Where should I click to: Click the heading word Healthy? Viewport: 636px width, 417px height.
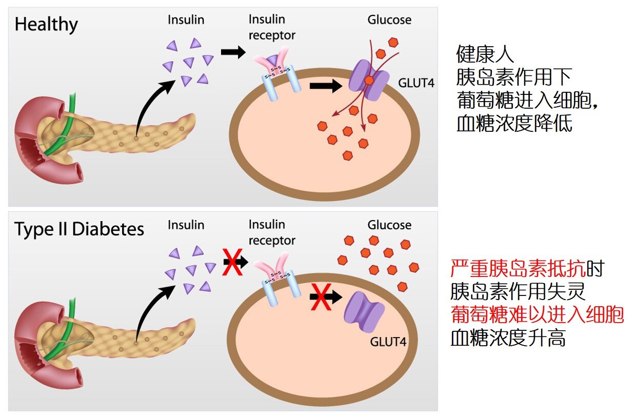pos(46,25)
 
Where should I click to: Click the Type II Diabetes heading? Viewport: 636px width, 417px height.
pos(79,229)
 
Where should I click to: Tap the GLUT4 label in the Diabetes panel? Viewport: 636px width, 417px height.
pos(389,341)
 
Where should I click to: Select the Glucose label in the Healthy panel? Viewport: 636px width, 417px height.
pos(389,20)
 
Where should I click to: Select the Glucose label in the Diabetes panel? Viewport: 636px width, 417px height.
pos(389,225)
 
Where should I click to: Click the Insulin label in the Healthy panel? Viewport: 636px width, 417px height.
pos(186,20)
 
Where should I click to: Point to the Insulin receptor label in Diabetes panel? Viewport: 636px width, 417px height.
pos(272,232)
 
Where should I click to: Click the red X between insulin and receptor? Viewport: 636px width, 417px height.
pos(232,261)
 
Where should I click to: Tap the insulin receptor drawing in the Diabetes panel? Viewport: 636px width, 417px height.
pos(280,277)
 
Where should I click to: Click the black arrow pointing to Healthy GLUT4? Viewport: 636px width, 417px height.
pos(326,86)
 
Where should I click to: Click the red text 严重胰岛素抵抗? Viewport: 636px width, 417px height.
pos(518,268)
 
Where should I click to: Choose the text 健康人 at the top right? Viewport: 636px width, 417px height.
pos(485,54)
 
